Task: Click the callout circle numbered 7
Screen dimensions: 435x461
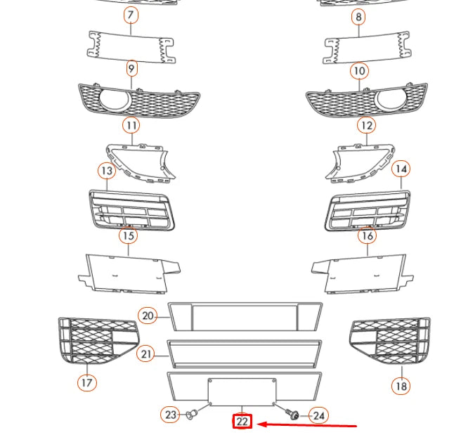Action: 131,15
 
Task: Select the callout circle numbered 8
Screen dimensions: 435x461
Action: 359,16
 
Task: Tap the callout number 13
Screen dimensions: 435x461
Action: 106,171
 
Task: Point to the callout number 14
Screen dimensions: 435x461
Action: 401,169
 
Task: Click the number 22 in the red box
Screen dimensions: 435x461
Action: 242,422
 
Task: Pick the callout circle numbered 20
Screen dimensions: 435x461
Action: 148,316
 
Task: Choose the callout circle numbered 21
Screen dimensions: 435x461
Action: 146,354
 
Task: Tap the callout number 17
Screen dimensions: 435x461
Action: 86,383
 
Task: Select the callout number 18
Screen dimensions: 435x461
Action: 401,386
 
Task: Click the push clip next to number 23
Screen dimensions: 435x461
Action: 190,415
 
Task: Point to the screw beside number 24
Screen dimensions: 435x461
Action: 294,415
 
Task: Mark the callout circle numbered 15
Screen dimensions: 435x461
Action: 128,235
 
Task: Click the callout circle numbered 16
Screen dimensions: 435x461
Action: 367,235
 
